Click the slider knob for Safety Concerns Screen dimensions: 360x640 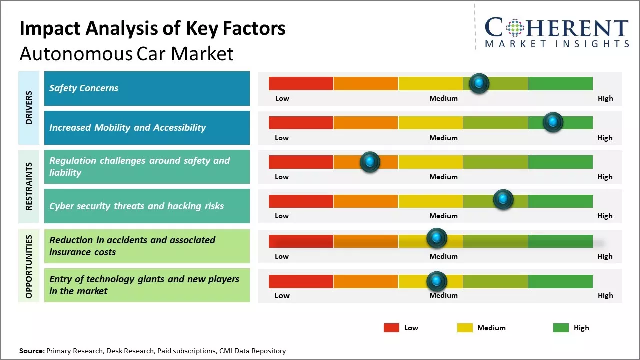point(479,83)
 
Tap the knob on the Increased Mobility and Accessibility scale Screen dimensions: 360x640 point(553,122)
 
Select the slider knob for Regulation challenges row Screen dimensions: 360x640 point(370,162)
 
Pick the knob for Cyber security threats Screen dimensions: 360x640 point(503,200)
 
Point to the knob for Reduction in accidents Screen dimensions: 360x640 point(436,238)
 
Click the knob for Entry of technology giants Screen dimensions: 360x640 point(436,282)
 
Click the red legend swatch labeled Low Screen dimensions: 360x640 point(391,328)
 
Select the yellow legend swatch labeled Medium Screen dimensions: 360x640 point(465,328)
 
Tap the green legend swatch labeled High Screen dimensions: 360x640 point(561,328)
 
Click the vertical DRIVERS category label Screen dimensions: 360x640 point(29,108)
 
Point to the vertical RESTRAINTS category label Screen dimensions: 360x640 point(29,186)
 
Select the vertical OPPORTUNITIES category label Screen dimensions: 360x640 point(29,266)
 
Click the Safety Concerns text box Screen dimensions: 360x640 point(147,88)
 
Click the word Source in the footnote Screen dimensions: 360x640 point(32,351)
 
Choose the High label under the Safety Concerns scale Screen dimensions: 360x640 point(605,98)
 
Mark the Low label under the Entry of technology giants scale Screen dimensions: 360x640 point(282,295)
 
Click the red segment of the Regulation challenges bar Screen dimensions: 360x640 point(301,162)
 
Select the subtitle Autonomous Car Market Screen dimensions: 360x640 point(126,53)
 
